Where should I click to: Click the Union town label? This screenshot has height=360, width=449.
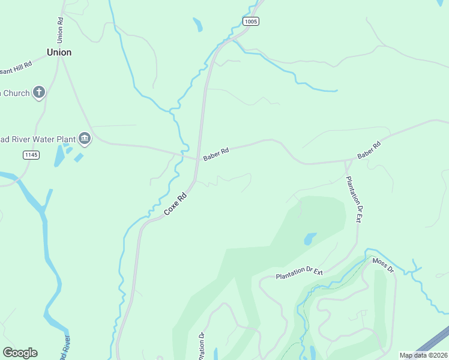pos(59,52)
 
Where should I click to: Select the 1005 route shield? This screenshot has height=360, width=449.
pos(251,22)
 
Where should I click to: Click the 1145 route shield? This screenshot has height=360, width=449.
pos(31,155)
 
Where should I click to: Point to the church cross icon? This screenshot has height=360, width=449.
pos(40,92)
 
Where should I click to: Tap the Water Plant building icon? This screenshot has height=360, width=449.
pos(85,139)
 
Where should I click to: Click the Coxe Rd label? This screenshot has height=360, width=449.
pos(176,204)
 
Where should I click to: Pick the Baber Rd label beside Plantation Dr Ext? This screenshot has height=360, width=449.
pos(369,150)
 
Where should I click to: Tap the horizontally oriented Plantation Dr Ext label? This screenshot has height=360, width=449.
pos(300,273)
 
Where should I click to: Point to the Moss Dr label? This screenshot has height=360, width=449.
pos(382,265)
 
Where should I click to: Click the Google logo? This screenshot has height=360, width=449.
pos(20,353)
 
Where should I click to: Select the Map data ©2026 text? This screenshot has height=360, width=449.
pos(423,355)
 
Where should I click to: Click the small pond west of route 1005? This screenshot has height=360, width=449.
pos(197,25)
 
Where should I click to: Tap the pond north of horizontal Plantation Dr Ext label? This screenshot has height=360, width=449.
pos(310,239)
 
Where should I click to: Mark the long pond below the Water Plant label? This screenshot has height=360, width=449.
pos(59,155)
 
